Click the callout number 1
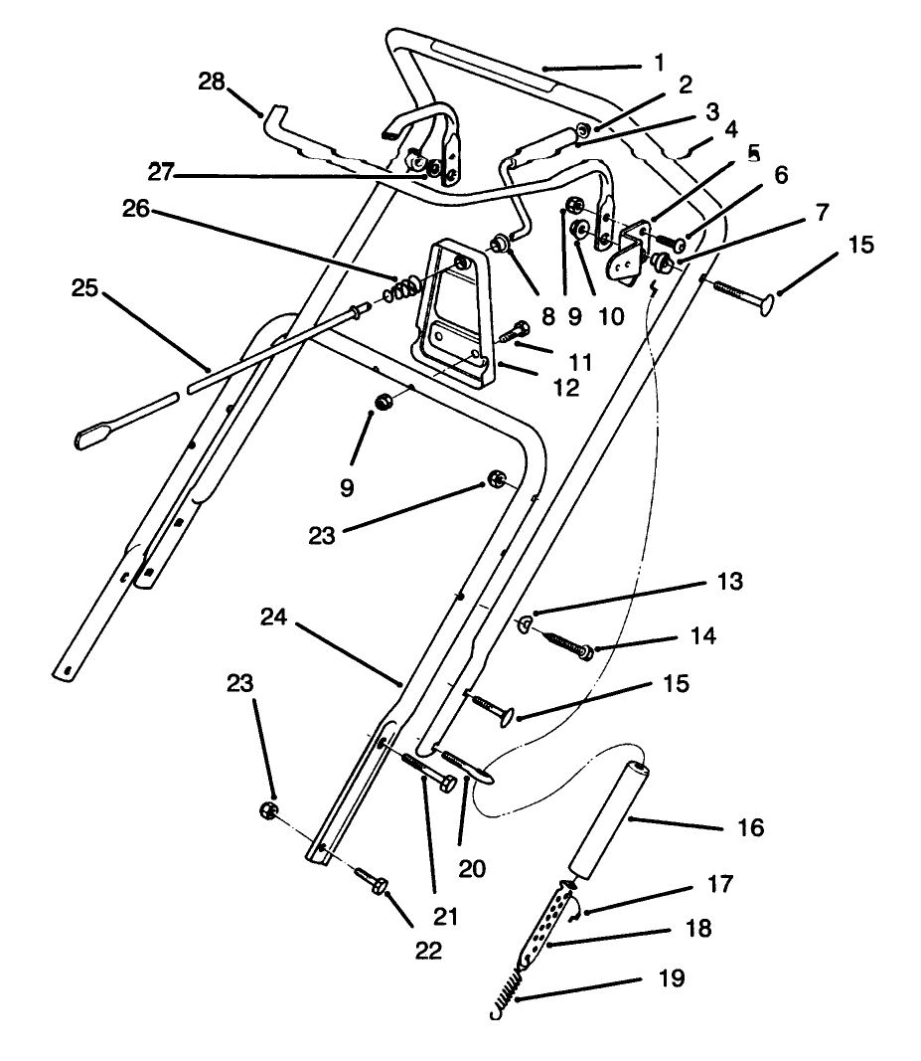(x=659, y=63)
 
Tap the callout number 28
(x=211, y=81)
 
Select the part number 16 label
(x=751, y=826)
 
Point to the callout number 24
(x=274, y=618)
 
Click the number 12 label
(x=565, y=388)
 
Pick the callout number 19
(x=672, y=978)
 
